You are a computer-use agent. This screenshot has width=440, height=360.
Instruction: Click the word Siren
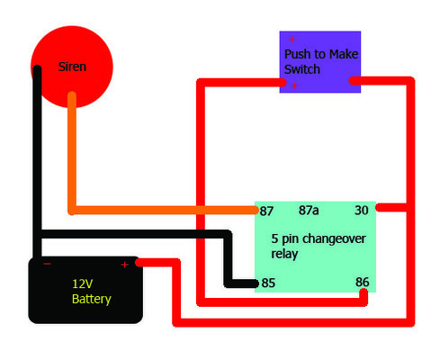71,67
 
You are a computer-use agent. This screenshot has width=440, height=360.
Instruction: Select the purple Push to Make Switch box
319,61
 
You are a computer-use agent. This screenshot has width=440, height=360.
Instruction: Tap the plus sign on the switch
292,40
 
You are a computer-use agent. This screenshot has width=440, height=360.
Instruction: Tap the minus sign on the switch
292,85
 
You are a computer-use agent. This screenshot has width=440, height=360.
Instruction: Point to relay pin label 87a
310,211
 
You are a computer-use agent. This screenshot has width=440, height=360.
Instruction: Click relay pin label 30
362,211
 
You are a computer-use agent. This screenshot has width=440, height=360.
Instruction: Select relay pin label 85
267,283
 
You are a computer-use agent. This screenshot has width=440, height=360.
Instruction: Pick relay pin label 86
363,282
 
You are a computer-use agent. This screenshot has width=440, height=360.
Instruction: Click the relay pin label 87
266,211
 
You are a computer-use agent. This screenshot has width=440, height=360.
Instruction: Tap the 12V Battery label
91,291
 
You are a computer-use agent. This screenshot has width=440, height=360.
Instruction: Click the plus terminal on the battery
125,265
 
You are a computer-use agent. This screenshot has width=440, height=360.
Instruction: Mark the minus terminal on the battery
47,265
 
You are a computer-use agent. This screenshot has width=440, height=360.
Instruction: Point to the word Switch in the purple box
301,69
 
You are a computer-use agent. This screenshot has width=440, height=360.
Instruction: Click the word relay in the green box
285,255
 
